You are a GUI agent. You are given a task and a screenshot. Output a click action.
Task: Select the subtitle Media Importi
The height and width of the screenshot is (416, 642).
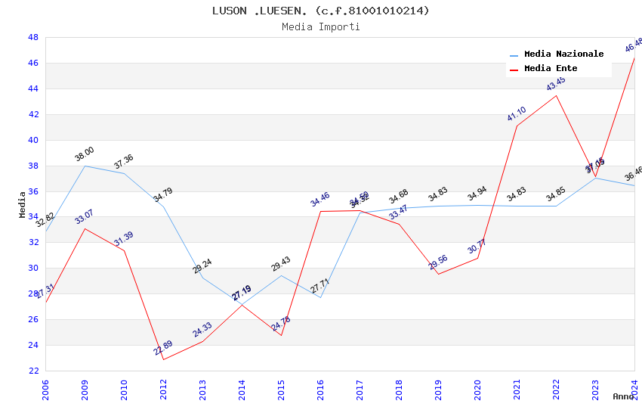pyautogui.click(x=321, y=26)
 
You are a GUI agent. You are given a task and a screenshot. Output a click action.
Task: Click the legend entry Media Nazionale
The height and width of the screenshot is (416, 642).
pyautogui.click(x=563, y=54)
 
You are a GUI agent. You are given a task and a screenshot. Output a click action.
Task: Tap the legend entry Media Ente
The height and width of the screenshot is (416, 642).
pyautogui.click(x=551, y=68)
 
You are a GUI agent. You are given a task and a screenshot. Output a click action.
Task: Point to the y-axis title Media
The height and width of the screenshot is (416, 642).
pyautogui.click(x=23, y=204)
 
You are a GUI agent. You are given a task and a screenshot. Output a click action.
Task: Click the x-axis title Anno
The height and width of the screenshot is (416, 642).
pyautogui.click(x=623, y=396)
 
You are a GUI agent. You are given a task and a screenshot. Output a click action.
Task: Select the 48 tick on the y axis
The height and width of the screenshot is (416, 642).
pyautogui.click(x=33, y=37)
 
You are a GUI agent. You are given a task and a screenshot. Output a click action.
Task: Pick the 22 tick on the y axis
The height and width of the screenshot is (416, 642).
pyautogui.click(x=33, y=371)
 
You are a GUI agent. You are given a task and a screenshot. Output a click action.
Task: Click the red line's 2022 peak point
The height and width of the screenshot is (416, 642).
pyautogui.click(x=556, y=95)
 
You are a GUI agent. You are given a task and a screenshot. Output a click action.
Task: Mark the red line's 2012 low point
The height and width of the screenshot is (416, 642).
pyautogui.click(x=163, y=359)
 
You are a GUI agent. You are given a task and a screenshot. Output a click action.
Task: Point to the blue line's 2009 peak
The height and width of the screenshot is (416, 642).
pyautogui.click(x=85, y=166)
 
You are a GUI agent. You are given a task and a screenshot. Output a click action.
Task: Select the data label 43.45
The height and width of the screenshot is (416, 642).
pyautogui.click(x=556, y=84)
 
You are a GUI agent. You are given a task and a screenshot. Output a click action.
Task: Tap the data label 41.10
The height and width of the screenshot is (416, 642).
pyautogui.click(x=517, y=114)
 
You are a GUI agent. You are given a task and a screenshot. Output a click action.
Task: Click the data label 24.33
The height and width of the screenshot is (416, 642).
pyautogui.click(x=202, y=330)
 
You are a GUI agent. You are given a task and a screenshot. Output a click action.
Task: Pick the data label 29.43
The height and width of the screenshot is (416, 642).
pyautogui.click(x=281, y=264)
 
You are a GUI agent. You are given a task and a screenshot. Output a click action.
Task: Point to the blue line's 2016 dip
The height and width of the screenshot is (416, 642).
pyautogui.click(x=320, y=297)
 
